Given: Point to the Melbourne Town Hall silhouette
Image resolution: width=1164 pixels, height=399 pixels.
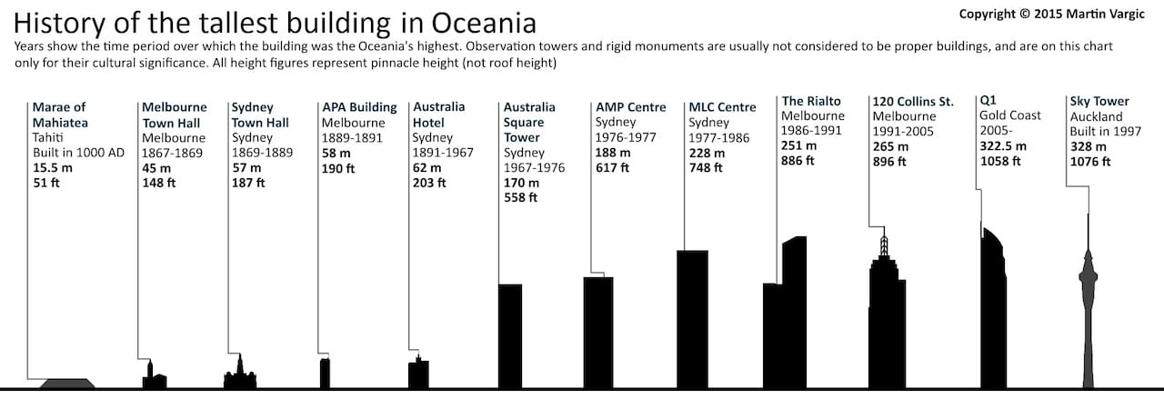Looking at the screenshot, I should [149, 376].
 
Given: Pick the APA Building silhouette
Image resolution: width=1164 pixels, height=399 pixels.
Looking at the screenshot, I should [325, 374].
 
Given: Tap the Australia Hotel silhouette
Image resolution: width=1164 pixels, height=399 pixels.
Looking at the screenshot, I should [418, 374].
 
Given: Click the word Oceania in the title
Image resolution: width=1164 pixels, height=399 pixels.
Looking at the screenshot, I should [478, 22].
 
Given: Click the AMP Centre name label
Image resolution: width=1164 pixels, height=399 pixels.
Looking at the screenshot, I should [631, 107].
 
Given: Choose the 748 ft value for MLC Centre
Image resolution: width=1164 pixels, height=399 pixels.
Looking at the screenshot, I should [707, 167].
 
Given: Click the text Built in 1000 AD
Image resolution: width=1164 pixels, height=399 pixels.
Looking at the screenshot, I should [78, 152].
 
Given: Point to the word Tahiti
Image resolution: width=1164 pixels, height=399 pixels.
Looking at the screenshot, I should [47, 137].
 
